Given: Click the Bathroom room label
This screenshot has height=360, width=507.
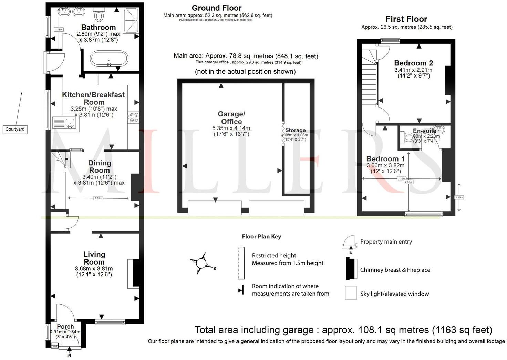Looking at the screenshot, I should (98, 27).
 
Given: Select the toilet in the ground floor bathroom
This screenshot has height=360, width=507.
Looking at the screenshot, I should (100, 15).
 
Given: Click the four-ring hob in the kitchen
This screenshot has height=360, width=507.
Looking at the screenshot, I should (133, 117).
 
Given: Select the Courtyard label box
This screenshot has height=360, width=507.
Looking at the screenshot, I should (15, 129).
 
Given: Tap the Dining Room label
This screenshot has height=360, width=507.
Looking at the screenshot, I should (99, 166).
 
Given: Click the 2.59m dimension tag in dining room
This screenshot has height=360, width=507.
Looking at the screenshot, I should (98, 198).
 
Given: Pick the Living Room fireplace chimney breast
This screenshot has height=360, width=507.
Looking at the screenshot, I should (136, 273).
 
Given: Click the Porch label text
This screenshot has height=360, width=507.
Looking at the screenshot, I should (65, 326).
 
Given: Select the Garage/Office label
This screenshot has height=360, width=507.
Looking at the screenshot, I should (231, 118).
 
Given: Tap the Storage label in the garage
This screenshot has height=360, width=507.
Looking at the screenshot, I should (295, 130).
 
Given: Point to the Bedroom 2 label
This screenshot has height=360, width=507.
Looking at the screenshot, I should (413, 63).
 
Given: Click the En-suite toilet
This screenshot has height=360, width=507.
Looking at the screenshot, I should (408, 137).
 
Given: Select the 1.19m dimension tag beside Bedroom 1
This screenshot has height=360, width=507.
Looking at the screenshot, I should (459, 197).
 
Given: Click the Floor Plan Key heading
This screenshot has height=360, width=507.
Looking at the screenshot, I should (261, 236).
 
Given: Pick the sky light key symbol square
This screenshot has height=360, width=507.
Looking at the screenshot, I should (351, 294).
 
